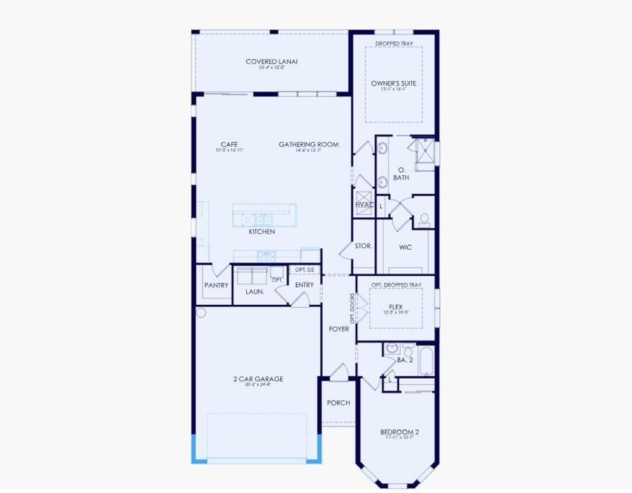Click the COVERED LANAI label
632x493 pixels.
pyautogui.click(x=272, y=62)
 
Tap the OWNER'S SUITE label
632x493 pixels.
pyautogui.click(x=393, y=83)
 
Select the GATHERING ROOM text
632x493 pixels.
pyautogui.click(x=309, y=144)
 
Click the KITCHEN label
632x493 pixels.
pyautogui.click(x=262, y=232)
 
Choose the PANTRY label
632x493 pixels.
pyautogui.click(x=216, y=285)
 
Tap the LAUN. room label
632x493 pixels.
pyautogui.click(x=254, y=291)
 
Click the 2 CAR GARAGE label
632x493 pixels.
pyautogui.click(x=259, y=379)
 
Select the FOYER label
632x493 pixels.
pyautogui.click(x=338, y=329)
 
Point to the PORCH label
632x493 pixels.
pyautogui.click(x=338, y=403)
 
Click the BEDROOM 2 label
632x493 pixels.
pyautogui.click(x=399, y=432)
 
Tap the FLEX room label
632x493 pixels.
pyautogui.click(x=396, y=307)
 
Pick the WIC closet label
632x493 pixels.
pyautogui.click(x=405, y=247)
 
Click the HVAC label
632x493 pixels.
pyautogui.click(x=364, y=205)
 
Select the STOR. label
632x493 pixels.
pyautogui.click(x=364, y=246)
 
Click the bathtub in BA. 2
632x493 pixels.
pyautogui.click(x=426, y=361)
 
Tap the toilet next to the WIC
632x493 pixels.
pyautogui.click(x=424, y=220)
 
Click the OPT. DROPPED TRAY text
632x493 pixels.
pyautogui.click(x=396, y=285)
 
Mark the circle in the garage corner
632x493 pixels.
pyautogui.click(x=201, y=313)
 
